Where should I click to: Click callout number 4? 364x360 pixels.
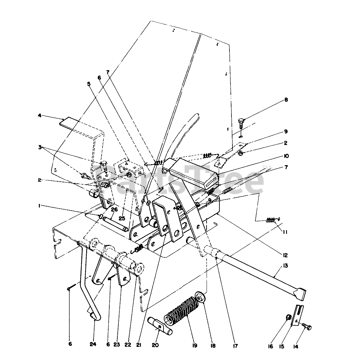(x=39, y=115)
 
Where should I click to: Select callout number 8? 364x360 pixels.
(x=286, y=100)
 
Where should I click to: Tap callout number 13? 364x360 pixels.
(x=286, y=266)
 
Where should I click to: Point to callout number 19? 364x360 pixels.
(x=195, y=345)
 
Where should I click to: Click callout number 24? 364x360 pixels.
(x=93, y=344)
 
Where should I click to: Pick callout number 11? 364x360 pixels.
(x=286, y=232)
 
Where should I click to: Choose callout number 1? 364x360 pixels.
(x=39, y=206)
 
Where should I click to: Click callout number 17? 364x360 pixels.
(x=235, y=345)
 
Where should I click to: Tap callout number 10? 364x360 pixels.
(x=286, y=156)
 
